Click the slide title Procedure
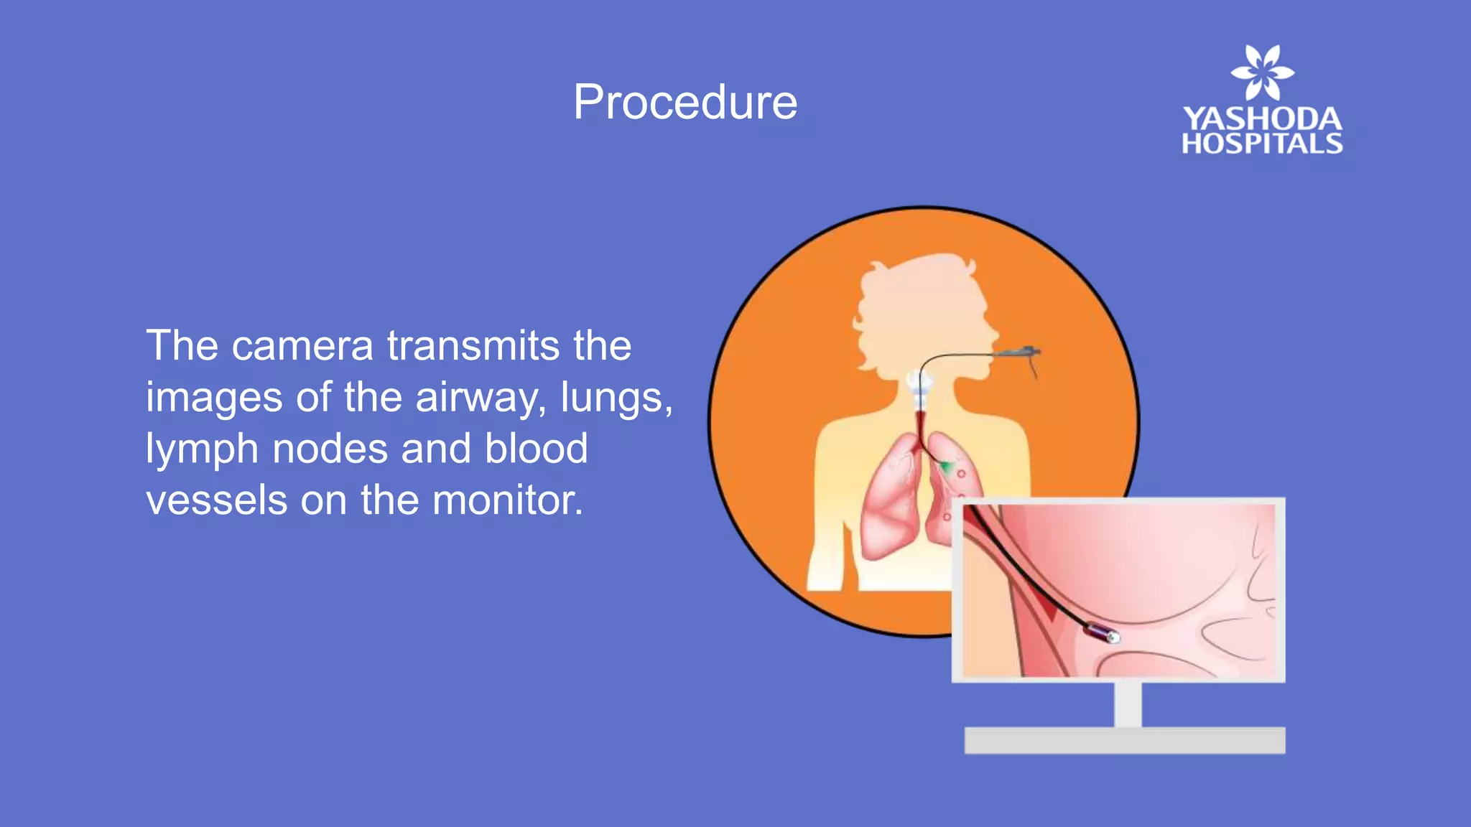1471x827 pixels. (685, 102)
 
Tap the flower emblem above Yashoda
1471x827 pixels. (1262, 73)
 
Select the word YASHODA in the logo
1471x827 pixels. (1262, 119)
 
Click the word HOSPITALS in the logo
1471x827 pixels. (1262, 144)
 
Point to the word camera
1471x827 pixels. (302, 346)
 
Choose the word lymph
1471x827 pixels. (202, 450)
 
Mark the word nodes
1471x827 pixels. (330, 449)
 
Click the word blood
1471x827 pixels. (536, 449)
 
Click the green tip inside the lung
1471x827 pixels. (948, 468)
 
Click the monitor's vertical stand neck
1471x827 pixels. (1128, 704)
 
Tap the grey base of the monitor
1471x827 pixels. (1124, 740)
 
